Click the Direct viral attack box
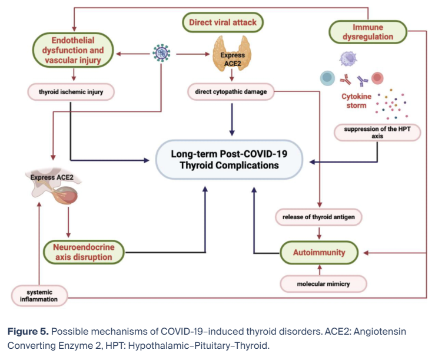[222, 23]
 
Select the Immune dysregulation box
[368, 32]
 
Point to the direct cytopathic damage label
[231, 92]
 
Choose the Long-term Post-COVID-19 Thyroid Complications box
[229, 160]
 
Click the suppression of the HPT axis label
[377, 131]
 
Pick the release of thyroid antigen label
[319, 217]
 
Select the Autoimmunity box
[318, 252]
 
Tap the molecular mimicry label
[323, 284]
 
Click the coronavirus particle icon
[161, 54]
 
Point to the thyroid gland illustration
[232, 52]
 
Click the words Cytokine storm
[355, 101]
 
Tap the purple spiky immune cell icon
[349, 59]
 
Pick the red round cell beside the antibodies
[377, 78]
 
